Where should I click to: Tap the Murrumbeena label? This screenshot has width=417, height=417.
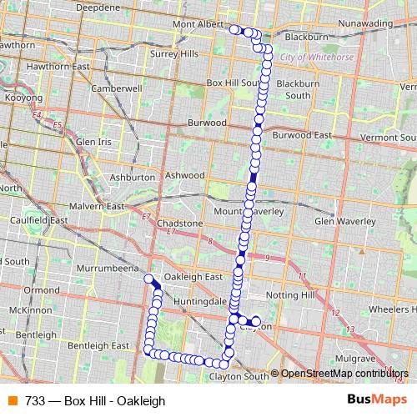[x=110, y=271]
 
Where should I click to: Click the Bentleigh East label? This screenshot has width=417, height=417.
[x=98, y=344]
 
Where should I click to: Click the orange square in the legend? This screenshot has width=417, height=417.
[x=11, y=400]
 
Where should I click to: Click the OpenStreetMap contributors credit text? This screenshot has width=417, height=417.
[x=344, y=374]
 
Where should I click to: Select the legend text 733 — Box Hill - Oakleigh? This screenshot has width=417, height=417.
[x=95, y=400]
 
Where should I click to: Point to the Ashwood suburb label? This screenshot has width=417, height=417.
[x=184, y=175]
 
